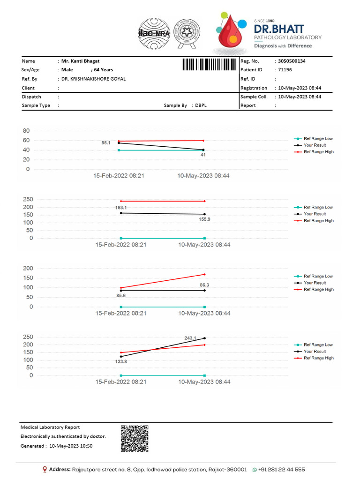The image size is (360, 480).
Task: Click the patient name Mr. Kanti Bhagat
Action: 80,61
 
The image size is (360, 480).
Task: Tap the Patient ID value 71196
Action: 285,70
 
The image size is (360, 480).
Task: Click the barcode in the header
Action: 209,65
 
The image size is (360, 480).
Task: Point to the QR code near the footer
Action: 135,439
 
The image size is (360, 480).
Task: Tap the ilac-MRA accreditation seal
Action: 154,34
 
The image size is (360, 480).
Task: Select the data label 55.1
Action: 106,142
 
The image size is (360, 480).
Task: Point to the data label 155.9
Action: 204,219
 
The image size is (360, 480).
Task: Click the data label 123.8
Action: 121,361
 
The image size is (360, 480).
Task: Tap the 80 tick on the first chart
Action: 26,131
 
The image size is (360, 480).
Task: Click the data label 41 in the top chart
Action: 203,154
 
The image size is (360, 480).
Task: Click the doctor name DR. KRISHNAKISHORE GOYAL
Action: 94,79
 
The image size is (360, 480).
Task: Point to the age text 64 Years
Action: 104,70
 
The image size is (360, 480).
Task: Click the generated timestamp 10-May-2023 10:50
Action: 71,446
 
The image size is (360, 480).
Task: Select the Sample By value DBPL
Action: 201,105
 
